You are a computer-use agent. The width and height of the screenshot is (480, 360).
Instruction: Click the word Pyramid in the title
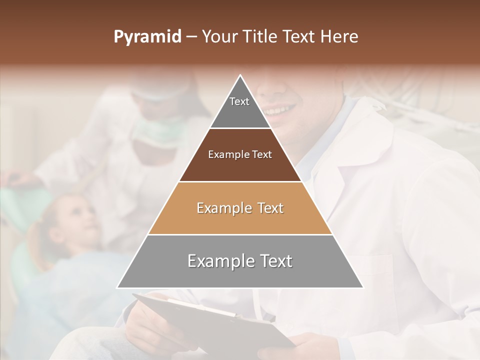[147, 37]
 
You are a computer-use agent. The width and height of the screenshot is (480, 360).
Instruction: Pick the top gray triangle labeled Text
[240, 107]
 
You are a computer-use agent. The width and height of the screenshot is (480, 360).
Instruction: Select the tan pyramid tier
[240, 208]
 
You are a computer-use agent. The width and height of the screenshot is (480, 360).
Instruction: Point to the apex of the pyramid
[240, 75]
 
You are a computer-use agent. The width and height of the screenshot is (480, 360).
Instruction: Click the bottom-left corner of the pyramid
[118, 287]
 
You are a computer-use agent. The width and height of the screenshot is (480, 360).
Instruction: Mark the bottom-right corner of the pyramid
[363, 287]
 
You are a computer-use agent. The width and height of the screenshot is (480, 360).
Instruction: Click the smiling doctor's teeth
[280, 109]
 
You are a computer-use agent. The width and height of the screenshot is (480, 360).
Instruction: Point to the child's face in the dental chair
[80, 220]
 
